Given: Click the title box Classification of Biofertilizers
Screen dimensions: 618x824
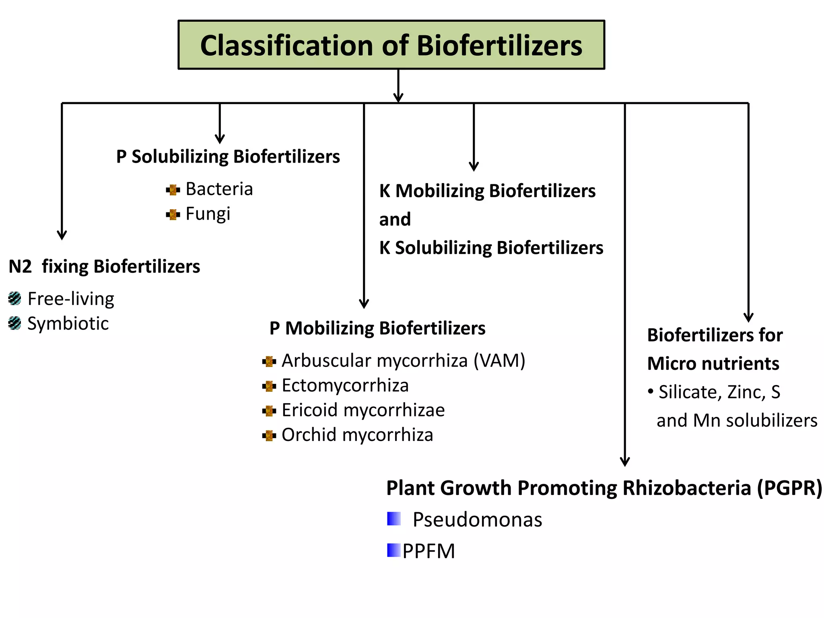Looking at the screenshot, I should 391,45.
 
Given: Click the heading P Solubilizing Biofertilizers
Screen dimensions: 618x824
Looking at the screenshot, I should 228,157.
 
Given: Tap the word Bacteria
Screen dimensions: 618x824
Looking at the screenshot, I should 219,189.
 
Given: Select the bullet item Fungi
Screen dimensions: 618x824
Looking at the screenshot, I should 208,214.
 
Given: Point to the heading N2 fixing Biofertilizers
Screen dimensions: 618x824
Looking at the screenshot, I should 104,266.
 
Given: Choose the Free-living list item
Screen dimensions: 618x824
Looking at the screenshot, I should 71,299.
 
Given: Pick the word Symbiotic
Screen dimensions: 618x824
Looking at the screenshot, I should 68,323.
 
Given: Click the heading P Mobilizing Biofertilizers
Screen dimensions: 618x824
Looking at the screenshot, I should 377,328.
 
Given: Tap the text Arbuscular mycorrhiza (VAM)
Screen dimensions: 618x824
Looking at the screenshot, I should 403,360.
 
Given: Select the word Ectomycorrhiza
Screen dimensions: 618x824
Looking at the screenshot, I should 345,385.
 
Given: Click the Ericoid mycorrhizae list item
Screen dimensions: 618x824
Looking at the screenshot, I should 363,410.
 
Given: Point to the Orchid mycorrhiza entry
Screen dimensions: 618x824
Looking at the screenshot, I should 357,435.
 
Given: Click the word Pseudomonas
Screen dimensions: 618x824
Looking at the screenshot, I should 477,519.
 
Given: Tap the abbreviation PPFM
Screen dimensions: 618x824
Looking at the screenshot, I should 429,551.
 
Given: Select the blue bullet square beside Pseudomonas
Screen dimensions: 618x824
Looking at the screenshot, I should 394,519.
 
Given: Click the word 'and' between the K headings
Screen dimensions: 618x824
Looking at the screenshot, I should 395,219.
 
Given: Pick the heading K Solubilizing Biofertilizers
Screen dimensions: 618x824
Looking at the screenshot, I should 491,247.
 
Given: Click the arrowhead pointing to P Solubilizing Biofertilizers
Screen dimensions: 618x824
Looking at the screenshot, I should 220,139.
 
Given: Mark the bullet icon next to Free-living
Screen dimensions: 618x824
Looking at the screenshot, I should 14,299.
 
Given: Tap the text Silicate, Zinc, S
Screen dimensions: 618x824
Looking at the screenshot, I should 719,392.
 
